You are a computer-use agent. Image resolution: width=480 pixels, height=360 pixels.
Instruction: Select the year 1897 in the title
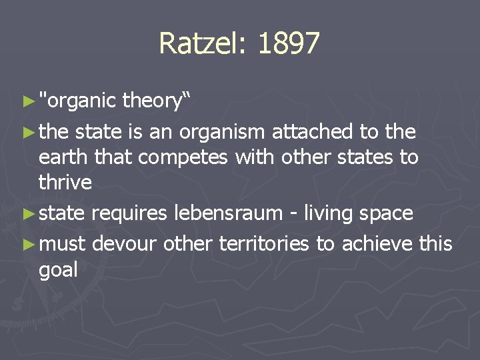288,44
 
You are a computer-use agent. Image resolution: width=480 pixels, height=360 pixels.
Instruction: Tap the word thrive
65,183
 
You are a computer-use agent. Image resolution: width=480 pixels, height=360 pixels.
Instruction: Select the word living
328,213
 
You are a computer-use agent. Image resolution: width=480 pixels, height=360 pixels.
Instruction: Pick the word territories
263,244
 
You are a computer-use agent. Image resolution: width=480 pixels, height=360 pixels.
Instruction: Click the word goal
59,270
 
